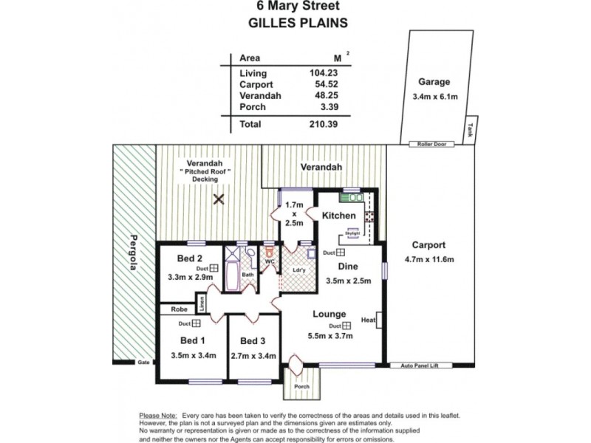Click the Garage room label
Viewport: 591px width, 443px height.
[434, 82]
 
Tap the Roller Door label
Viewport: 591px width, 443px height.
[431, 144]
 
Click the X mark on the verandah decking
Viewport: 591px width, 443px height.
[219, 199]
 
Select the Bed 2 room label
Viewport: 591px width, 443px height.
[191, 258]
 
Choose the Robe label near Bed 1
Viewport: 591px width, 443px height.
[179, 310]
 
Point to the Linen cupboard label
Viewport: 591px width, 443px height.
[201, 303]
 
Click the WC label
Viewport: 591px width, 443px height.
[270, 261]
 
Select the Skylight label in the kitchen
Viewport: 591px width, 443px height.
[351, 232]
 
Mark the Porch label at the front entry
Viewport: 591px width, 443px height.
[301, 386]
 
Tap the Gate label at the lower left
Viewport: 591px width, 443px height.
[143, 363]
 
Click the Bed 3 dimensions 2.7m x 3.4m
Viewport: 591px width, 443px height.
[253, 355]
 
